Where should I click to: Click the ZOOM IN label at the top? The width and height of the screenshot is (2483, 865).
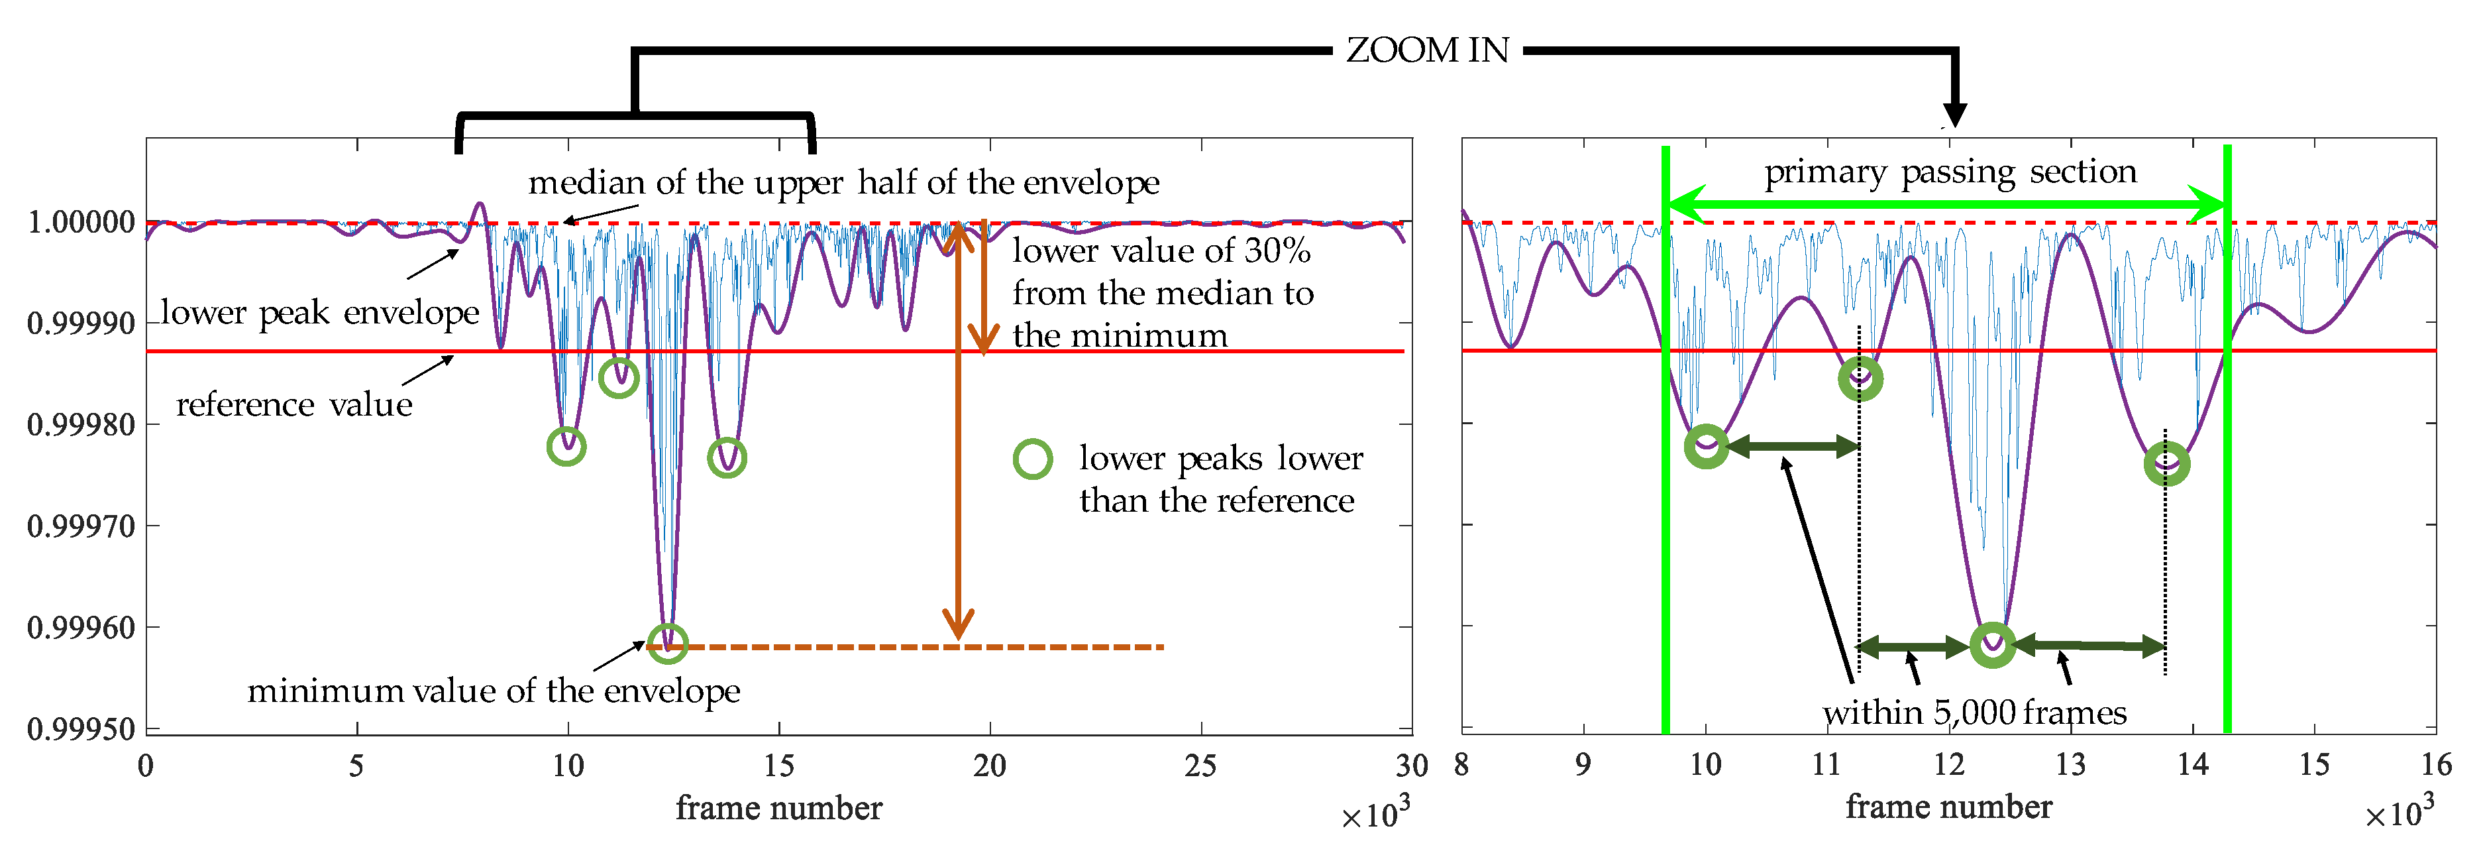(x=1426, y=50)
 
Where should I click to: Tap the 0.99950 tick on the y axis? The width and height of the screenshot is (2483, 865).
(x=81, y=729)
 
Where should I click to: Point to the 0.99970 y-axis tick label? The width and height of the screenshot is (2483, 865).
(x=81, y=526)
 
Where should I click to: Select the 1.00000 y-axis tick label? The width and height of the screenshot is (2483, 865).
(x=81, y=223)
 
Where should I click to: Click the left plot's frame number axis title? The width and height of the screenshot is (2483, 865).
(x=779, y=808)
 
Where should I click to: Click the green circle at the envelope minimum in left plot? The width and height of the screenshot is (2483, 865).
(x=667, y=643)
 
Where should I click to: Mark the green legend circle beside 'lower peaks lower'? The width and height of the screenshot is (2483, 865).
(x=1032, y=459)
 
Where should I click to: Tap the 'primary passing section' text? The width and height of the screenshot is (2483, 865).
(x=1950, y=172)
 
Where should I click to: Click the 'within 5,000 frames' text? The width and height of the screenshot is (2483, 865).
(x=1974, y=713)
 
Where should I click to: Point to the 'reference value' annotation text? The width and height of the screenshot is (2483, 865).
(x=294, y=405)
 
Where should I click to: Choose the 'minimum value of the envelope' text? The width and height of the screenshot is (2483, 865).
(x=494, y=691)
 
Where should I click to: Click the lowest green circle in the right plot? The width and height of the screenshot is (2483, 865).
(x=1992, y=644)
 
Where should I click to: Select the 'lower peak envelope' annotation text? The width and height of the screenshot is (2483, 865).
(x=319, y=312)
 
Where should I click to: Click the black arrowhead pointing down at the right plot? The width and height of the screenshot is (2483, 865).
(x=1954, y=114)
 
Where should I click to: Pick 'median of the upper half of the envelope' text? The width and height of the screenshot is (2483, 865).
(x=843, y=182)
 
